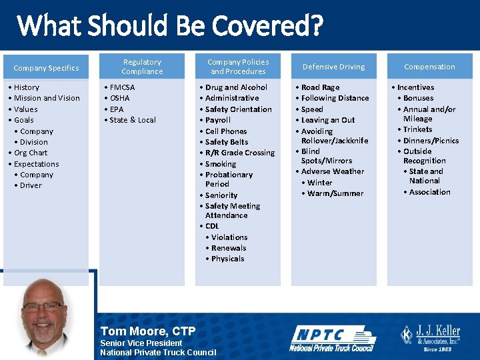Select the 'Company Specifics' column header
[46, 67]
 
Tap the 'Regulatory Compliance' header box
[142, 67]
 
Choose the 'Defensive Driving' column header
[333, 67]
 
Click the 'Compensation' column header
[429, 67]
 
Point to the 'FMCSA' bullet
[122, 87]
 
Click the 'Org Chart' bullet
[31, 153]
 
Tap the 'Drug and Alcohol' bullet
[236, 87]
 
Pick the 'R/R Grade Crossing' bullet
[240, 153]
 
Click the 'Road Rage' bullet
[320, 87]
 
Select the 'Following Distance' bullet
[335, 98]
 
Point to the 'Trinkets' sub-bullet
[417, 129]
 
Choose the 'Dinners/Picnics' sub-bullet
[431, 141]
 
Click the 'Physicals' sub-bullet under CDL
[227, 259]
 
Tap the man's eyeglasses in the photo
[44, 307]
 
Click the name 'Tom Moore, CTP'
[147, 331]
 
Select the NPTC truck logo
[332, 339]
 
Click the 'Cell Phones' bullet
[226, 131]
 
